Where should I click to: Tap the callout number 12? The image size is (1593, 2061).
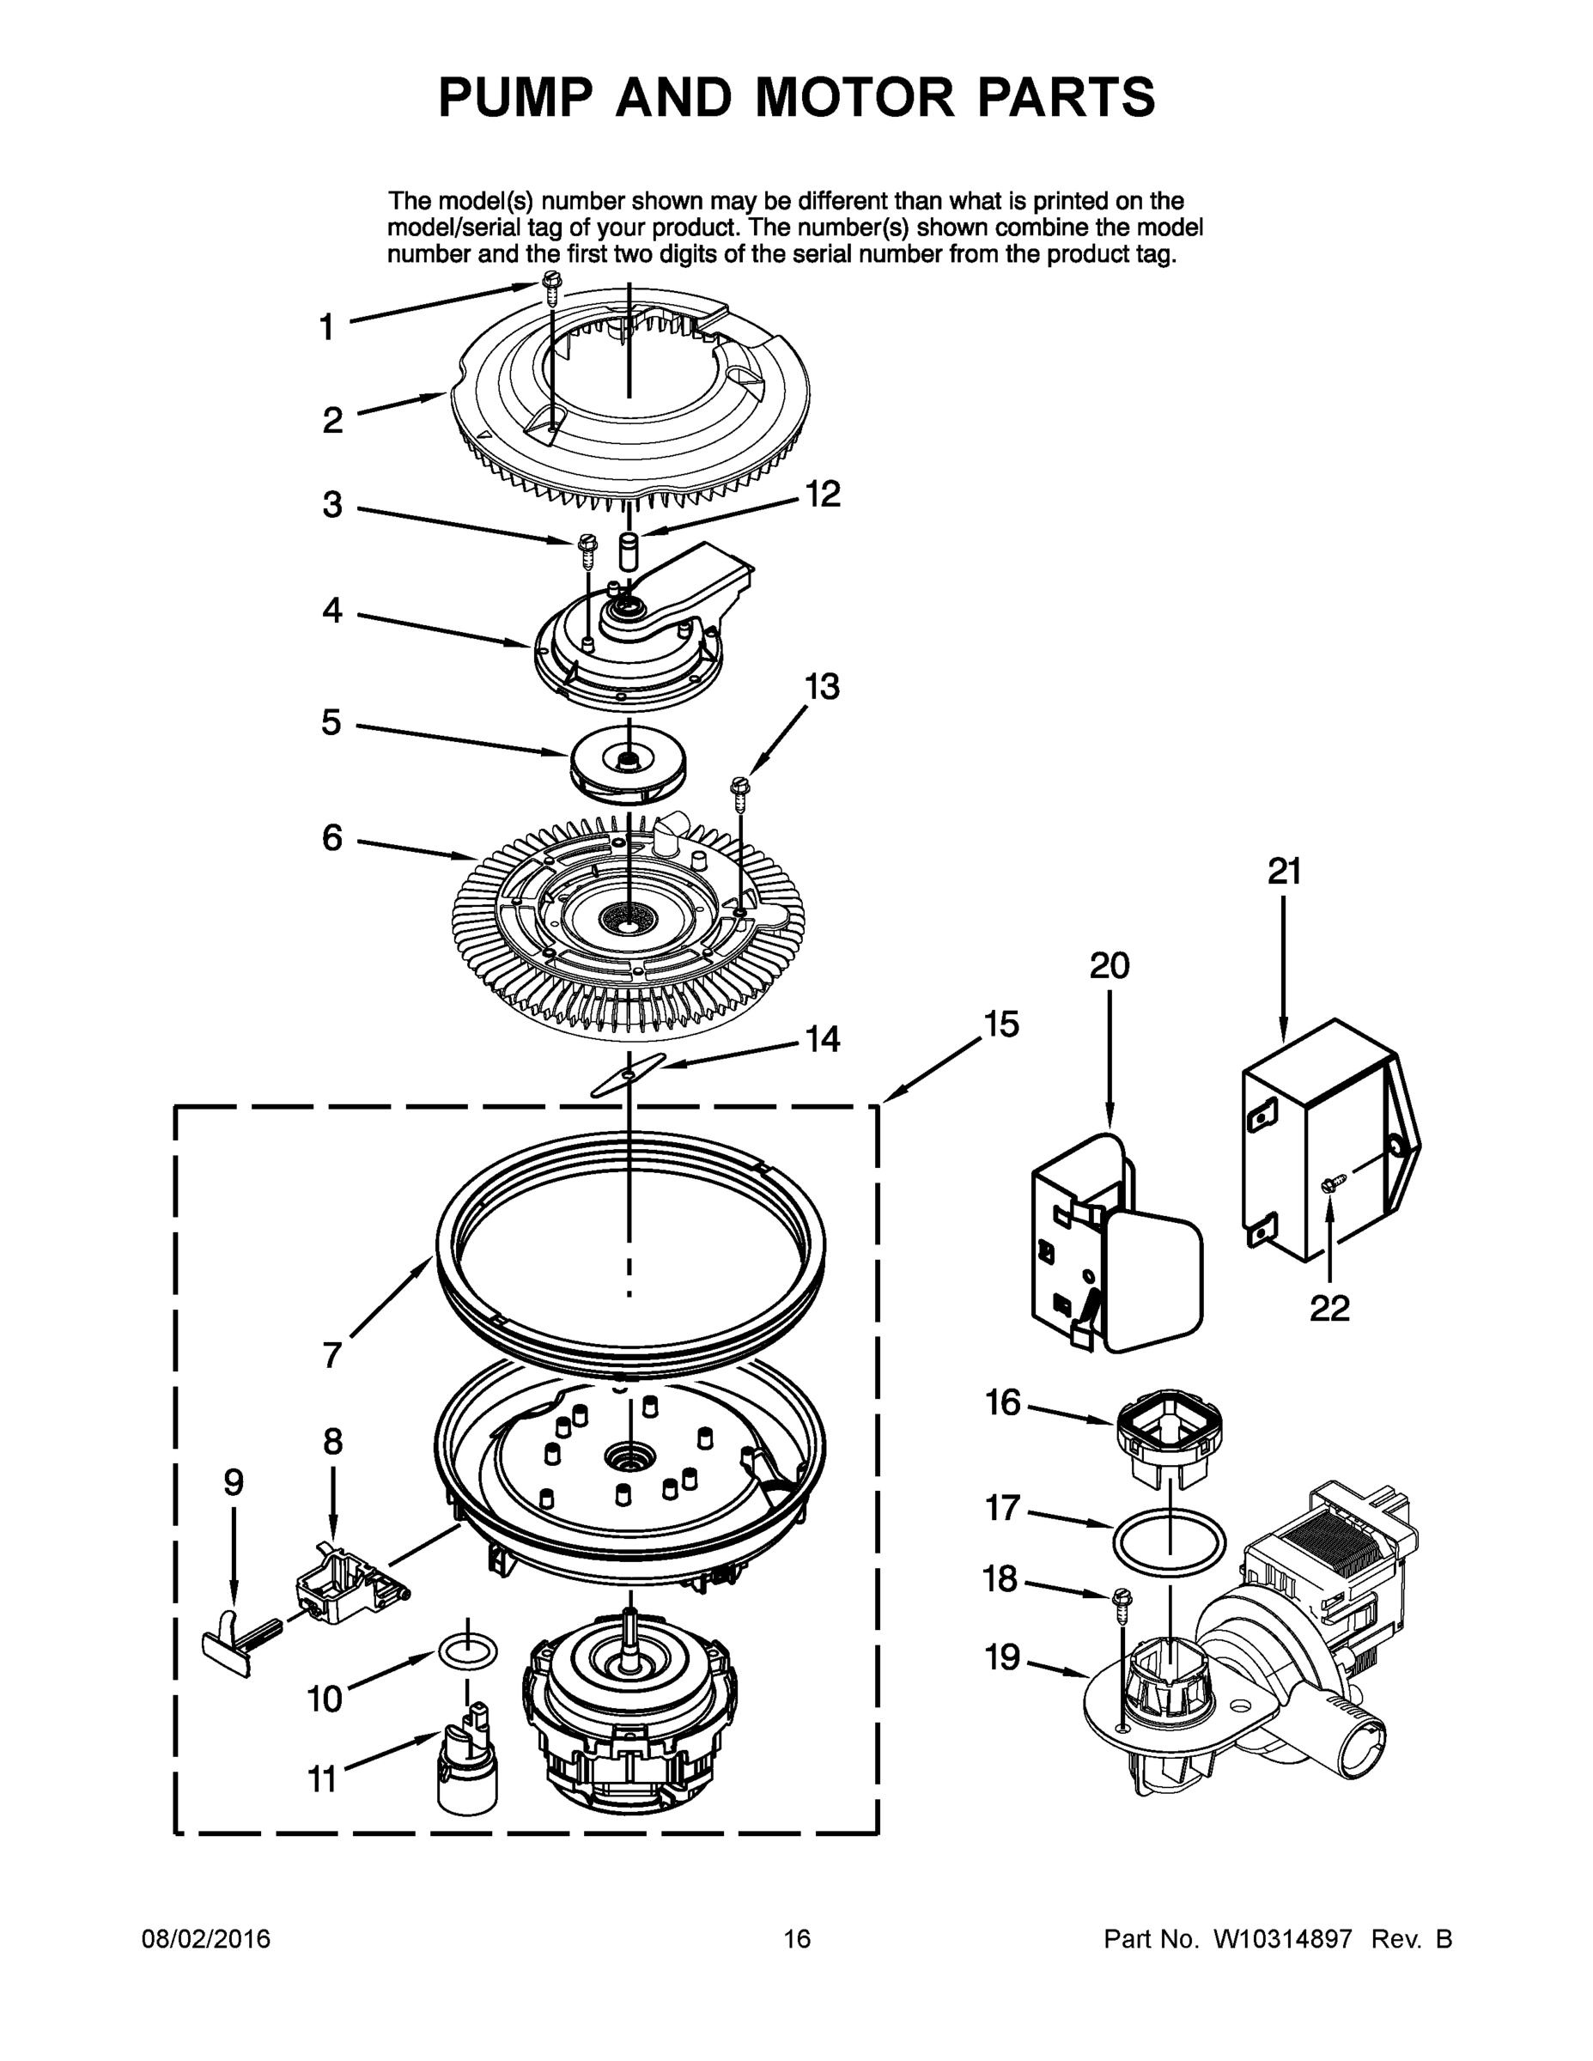822,494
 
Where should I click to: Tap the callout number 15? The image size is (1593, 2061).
1001,1023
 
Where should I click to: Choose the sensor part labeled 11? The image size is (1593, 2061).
469,1765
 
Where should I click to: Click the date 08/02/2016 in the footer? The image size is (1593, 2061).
206,1938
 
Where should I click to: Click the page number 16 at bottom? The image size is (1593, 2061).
797,1938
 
